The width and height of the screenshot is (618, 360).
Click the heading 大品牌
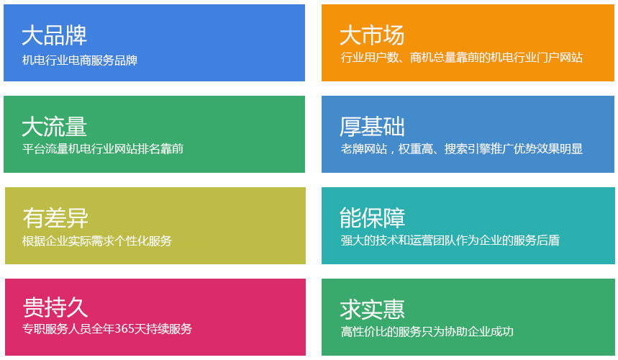click(x=55, y=35)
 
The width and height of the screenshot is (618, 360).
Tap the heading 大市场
click(x=372, y=35)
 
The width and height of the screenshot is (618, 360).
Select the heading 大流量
click(x=55, y=127)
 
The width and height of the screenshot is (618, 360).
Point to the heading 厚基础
click(x=372, y=127)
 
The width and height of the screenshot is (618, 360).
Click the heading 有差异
click(x=55, y=218)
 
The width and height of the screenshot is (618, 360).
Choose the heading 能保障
click(x=372, y=218)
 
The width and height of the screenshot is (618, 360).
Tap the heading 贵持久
click(x=55, y=307)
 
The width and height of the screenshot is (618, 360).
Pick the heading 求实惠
click(x=372, y=310)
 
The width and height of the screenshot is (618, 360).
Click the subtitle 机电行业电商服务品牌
click(x=80, y=60)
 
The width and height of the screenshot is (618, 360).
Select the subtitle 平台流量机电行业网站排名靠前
click(x=103, y=148)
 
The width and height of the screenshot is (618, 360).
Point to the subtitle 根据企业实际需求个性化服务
click(x=97, y=240)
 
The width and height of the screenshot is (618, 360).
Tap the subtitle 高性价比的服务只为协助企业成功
click(x=427, y=332)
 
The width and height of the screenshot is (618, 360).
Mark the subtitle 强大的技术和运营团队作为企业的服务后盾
click(x=450, y=240)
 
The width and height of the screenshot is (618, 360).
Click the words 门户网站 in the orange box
click(x=560, y=58)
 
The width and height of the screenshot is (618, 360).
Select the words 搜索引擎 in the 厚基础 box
click(x=468, y=148)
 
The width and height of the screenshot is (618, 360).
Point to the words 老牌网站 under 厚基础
click(x=364, y=148)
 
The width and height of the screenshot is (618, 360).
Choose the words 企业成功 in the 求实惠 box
click(x=491, y=332)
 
